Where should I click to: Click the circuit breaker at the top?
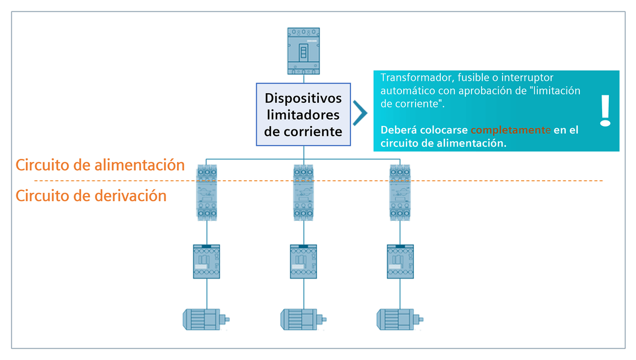coord(304,51)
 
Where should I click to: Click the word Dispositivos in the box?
coord(303,98)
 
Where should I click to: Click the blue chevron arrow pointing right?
coord(360,112)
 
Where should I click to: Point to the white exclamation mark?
coord(605,111)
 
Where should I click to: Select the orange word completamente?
coord(510,130)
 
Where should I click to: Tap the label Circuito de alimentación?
coord(100,165)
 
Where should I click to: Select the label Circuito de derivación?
coord(91,196)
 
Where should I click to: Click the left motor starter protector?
coord(207,193)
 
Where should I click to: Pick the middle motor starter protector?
coord(304,193)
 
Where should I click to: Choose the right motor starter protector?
coord(400,193)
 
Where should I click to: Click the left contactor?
coord(206,262)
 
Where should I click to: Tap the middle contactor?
coord(304,262)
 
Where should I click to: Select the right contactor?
coord(400,262)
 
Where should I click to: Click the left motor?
coord(206,319)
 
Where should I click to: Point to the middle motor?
coord(303,319)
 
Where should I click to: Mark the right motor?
coord(400,319)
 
